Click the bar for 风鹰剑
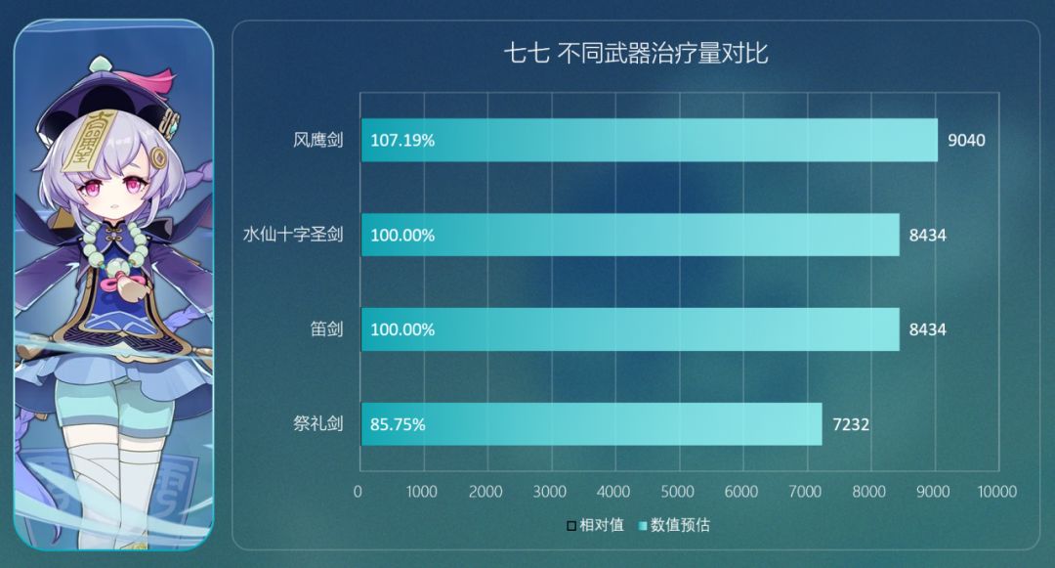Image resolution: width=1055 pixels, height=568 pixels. pyautogui.click(x=649, y=140)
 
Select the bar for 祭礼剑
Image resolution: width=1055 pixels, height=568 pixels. pyautogui.click(x=591, y=424)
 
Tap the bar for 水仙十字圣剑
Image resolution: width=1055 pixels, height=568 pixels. pyautogui.click(x=630, y=235)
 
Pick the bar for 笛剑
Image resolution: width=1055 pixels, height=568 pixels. pyautogui.click(x=630, y=329)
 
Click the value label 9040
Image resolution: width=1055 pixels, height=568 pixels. pyautogui.click(x=966, y=140)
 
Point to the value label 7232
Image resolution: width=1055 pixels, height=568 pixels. pyautogui.click(x=850, y=424)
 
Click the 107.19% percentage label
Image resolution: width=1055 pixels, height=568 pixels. pyautogui.click(x=402, y=140)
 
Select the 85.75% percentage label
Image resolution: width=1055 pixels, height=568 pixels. pyautogui.click(x=398, y=424)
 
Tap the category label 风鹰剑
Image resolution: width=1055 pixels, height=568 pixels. pyautogui.click(x=317, y=140)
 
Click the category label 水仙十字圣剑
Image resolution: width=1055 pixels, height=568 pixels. pyautogui.click(x=292, y=235)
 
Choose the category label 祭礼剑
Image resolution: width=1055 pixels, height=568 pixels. pyautogui.click(x=317, y=424)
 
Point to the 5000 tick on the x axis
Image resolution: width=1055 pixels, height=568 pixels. pyautogui.click(x=677, y=491)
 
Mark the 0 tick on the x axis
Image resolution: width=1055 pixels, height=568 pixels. pyautogui.click(x=359, y=491)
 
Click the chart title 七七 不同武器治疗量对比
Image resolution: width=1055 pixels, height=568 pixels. pyautogui.click(x=636, y=54)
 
